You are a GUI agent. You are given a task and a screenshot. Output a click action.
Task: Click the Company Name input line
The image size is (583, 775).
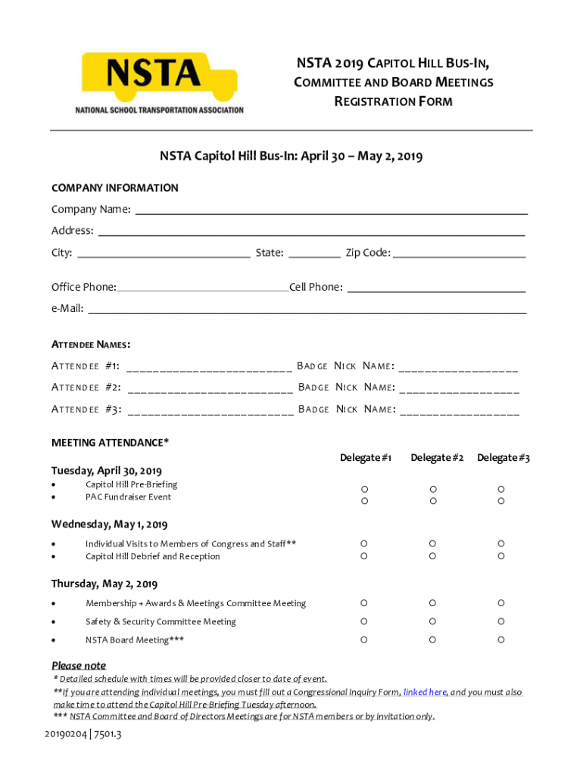coord(330,210)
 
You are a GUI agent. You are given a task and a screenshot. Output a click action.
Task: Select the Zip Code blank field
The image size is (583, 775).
coord(458,254)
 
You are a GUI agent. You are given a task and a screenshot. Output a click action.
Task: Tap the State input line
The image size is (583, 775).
coord(314,254)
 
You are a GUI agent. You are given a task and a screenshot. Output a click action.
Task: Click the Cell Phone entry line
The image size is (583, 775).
coord(435,288)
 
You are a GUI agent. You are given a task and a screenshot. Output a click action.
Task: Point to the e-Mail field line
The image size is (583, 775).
coord(307,309)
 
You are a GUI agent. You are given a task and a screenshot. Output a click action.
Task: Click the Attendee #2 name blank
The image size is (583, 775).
coord(210,388)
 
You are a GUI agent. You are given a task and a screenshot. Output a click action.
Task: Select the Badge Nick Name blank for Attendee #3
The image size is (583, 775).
coord(459,410)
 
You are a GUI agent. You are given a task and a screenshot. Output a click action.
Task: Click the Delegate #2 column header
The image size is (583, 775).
coord(437,458)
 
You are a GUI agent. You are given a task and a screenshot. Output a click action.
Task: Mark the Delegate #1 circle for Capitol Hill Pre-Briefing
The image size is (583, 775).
coord(364,489)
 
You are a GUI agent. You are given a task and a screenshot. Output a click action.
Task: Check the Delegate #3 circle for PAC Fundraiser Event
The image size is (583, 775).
coord(500,501)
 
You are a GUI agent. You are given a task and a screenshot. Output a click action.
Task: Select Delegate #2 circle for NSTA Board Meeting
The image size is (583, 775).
coord(432,640)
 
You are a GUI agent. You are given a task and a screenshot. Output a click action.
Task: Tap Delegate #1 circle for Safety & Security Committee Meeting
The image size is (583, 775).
coord(364,621)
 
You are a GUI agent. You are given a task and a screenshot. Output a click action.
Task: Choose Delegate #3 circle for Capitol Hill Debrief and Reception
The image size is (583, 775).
coord(500,556)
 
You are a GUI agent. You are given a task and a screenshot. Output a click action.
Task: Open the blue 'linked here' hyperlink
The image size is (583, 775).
coord(425,692)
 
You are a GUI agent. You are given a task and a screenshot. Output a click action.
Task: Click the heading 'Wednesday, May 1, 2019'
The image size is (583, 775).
coord(109,524)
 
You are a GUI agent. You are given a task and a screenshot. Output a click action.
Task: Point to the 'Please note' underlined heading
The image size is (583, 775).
coord(79,665)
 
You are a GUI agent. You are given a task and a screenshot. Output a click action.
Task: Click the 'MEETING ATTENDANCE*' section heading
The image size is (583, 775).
coord(110,442)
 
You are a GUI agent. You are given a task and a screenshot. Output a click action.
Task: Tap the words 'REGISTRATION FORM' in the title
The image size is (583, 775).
coord(393,101)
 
